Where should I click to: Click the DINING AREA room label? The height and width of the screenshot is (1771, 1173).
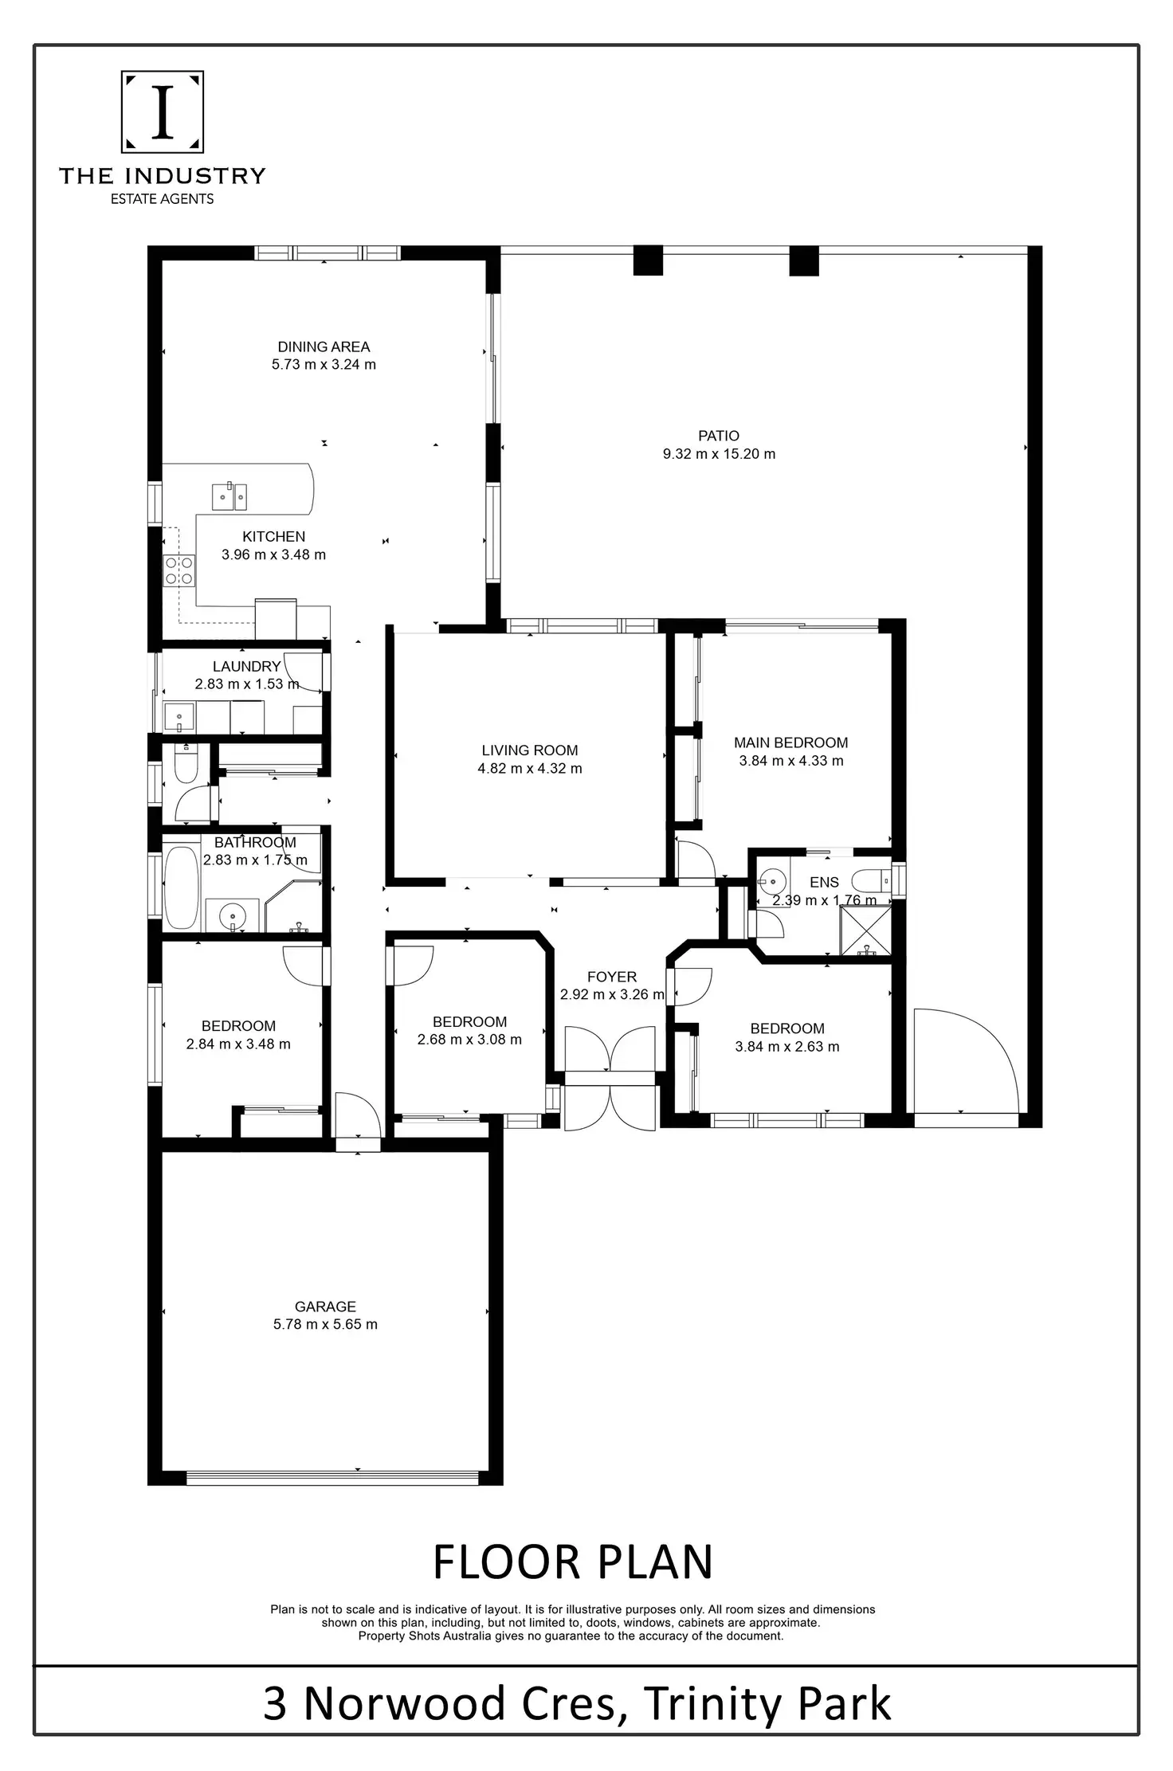(x=324, y=347)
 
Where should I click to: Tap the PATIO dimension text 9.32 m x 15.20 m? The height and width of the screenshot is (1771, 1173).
(x=719, y=454)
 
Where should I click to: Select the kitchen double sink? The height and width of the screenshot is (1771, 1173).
(x=229, y=497)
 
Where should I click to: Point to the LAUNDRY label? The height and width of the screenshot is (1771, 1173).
(x=246, y=666)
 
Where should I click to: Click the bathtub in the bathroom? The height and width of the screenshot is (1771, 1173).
(x=181, y=887)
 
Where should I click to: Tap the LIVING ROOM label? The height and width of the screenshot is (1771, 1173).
(x=529, y=750)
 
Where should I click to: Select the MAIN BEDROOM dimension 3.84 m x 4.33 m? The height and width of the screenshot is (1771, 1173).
(x=790, y=761)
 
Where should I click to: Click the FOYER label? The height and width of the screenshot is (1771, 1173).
(x=611, y=977)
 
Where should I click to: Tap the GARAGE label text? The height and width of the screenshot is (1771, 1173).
(x=325, y=1307)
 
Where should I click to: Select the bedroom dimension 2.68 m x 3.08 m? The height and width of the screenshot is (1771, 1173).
(x=469, y=1040)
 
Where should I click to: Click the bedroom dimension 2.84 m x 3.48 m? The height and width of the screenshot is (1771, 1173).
(x=238, y=1044)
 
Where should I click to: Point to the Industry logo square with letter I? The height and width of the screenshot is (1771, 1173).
(x=163, y=112)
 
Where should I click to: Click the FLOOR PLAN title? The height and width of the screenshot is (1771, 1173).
(x=572, y=1562)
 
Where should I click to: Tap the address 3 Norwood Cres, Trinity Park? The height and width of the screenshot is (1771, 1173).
(x=577, y=1704)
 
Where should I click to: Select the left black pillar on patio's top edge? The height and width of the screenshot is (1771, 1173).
(x=648, y=261)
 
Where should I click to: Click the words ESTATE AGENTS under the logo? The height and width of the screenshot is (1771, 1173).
(x=162, y=199)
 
